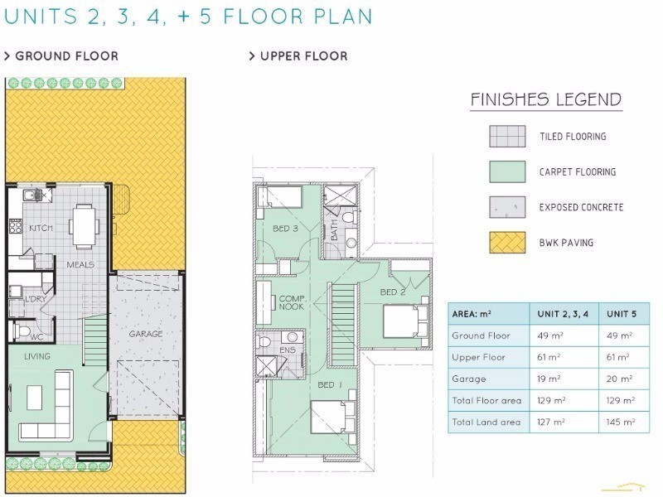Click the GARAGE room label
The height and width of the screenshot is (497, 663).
point(146,334)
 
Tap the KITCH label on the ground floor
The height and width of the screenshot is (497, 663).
point(41,229)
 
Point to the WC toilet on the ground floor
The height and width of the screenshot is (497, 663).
point(20,330)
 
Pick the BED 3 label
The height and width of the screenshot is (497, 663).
point(285,229)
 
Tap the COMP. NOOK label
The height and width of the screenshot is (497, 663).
point(293,302)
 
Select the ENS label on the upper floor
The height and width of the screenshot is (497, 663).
point(287,350)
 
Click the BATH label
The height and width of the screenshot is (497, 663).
point(334,230)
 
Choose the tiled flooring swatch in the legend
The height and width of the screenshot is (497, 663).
point(507,136)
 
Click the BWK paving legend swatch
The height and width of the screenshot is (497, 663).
point(507,243)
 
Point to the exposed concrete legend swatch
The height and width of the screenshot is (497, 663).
point(507,207)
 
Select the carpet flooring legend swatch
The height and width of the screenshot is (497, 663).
point(507,171)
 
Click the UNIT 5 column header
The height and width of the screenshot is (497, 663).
point(621,314)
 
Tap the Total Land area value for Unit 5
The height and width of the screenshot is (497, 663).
point(620,422)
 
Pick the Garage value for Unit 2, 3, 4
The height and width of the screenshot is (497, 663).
point(549,379)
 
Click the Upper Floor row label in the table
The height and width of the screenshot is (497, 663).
point(479,357)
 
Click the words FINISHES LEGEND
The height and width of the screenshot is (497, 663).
point(546,99)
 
